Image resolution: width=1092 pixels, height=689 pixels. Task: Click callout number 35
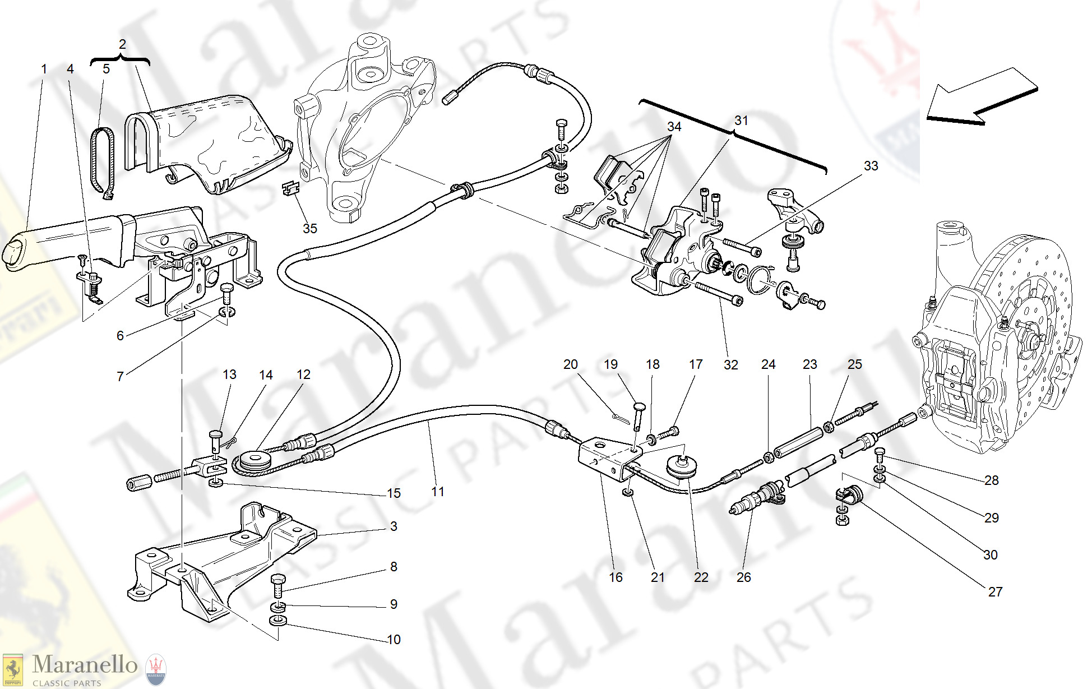(309, 229)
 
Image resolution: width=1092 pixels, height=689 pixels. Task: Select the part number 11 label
(438, 492)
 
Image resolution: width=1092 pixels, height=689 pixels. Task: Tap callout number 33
(871, 166)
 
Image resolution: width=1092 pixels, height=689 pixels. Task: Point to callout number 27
(995, 592)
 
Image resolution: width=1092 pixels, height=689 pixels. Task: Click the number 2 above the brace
(122, 44)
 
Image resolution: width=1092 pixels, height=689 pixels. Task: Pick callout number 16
(616, 577)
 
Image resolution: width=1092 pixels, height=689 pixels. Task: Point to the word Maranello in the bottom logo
(85, 665)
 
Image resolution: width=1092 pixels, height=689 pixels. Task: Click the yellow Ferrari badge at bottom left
(13, 670)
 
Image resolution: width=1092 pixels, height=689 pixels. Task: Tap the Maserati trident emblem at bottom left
(156, 669)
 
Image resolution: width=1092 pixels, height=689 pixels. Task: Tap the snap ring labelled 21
(628, 492)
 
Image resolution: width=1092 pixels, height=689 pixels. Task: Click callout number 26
(743, 577)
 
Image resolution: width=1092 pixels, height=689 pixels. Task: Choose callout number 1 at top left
(44, 69)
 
